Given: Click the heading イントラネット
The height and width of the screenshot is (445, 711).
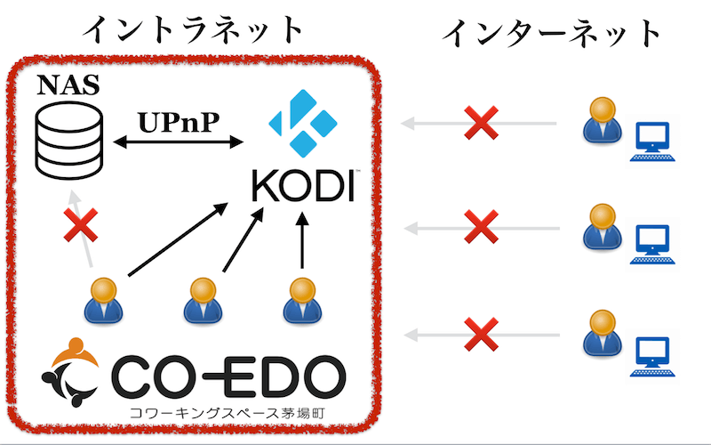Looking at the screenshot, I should click(193, 29).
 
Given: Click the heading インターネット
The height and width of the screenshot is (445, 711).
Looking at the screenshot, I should click(552, 33).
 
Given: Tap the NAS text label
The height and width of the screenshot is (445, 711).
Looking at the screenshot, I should click(68, 87).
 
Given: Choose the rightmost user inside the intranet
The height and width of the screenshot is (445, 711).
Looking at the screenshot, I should click(300, 300).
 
